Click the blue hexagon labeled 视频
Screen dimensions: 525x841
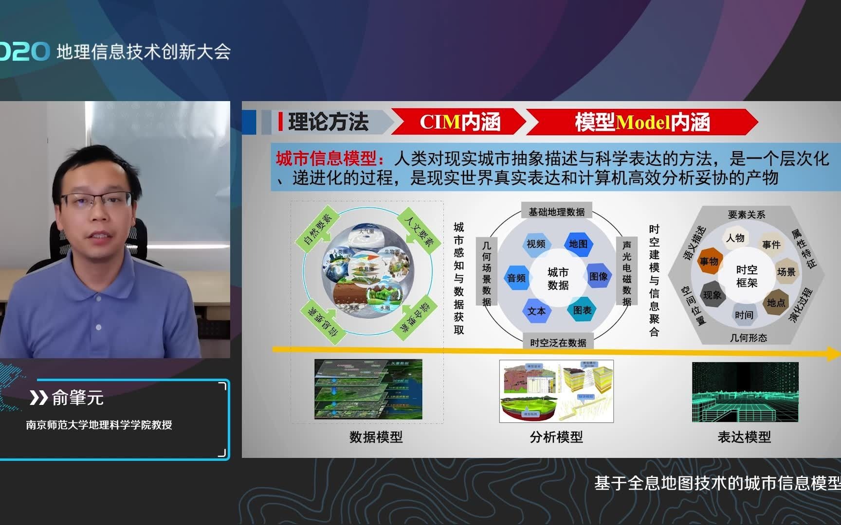point(536,244)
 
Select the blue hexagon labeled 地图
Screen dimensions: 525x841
point(578,244)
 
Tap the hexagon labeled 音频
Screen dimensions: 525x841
point(516,278)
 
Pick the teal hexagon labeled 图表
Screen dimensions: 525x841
point(582,310)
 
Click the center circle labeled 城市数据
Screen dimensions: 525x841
point(558,278)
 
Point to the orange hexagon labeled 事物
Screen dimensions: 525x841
point(709,261)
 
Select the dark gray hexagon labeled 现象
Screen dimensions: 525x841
point(713,295)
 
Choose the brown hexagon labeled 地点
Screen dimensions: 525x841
point(776,302)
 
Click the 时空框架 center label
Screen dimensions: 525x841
point(747,276)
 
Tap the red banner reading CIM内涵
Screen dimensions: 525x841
point(459,122)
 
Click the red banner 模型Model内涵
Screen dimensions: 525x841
point(642,122)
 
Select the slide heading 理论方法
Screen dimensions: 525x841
point(328,122)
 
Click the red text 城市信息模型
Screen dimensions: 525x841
point(327,158)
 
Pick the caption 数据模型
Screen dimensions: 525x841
point(376,437)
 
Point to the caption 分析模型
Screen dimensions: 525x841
point(556,437)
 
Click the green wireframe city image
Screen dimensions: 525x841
point(745,392)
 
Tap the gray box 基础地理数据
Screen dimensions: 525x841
point(557,211)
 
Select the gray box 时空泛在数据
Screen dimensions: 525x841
point(558,343)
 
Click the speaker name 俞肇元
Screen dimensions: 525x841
point(78,398)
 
